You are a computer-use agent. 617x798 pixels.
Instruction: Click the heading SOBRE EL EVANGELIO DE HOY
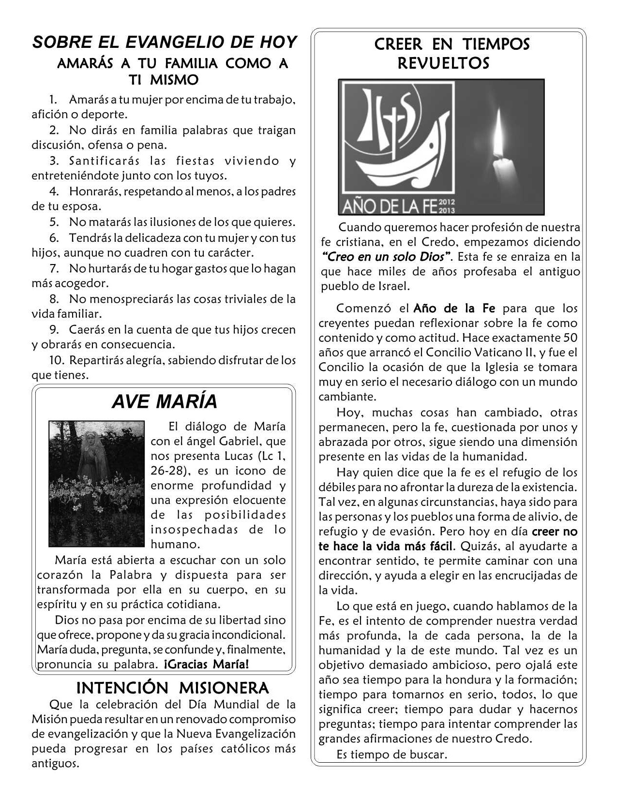pyautogui.click(x=164, y=43)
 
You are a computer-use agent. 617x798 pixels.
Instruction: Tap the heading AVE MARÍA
pyautogui.click(x=165, y=401)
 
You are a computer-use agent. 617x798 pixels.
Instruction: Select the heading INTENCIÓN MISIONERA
pyautogui.click(x=172, y=687)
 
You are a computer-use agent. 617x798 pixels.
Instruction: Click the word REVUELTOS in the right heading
pyautogui.click(x=443, y=63)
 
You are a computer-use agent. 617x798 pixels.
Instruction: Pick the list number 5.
pyautogui.click(x=54, y=222)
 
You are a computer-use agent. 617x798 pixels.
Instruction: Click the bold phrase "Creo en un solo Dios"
pyautogui.click(x=387, y=257)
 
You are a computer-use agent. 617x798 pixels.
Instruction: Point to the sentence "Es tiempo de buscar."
pyautogui.click(x=391, y=754)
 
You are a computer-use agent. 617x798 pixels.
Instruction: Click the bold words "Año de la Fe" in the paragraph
pyautogui.click(x=454, y=308)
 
